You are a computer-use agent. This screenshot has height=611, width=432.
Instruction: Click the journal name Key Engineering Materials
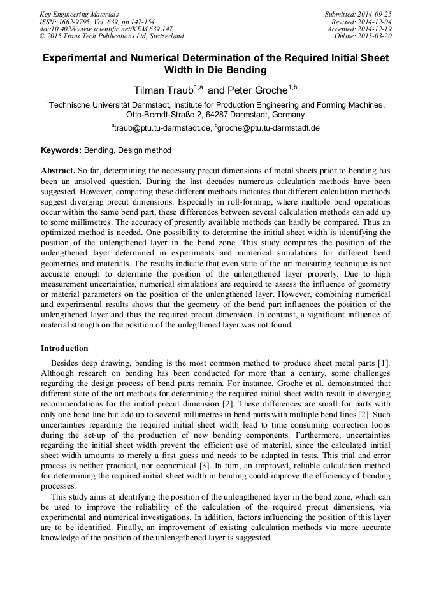(x=78, y=13)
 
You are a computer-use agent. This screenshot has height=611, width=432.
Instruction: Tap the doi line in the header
(x=106, y=29)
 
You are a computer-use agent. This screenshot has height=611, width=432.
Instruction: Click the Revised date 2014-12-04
(x=375, y=21)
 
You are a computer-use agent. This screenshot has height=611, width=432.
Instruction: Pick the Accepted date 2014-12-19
(x=375, y=29)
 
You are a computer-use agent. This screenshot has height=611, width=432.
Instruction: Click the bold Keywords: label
(x=61, y=150)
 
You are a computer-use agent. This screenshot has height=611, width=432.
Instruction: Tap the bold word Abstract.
(x=58, y=171)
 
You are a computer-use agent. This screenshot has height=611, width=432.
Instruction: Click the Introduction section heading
(x=64, y=349)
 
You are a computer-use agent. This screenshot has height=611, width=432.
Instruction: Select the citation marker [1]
(x=384, y=363)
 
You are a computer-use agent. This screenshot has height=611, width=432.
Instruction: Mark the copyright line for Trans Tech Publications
(x=112, y=36)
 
